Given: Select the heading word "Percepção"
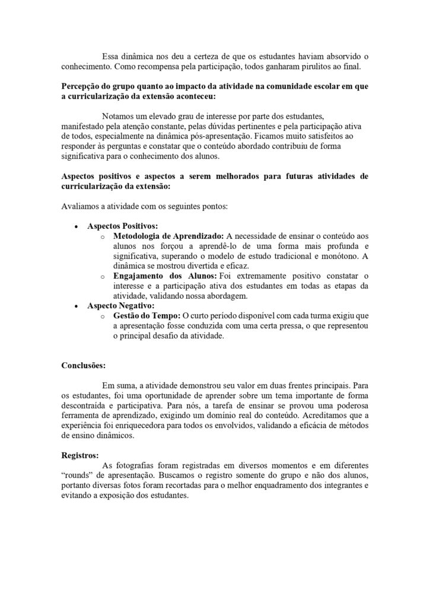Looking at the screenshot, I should point(82,85).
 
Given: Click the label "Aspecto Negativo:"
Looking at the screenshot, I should point(120,306).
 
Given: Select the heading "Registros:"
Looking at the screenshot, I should point(80,455).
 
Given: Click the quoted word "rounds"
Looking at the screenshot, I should point(78,475).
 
